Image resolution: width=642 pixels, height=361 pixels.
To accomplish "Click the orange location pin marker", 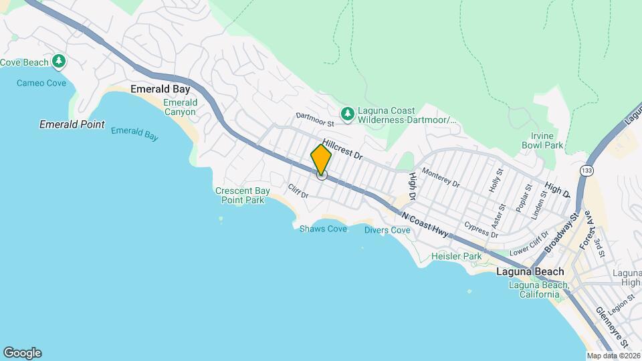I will [321, 160].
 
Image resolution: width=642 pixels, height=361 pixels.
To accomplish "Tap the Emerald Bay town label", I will [160, 89].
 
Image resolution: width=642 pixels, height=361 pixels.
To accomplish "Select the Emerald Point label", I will [72, 124].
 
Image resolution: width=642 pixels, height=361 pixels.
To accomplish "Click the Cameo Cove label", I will [41, 83].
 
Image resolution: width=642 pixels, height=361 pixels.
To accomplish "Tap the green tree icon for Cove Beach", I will [60, 62].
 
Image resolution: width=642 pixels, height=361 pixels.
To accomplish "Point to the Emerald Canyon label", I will [180, 107].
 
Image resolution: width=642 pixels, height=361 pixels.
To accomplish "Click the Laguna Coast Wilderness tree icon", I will [347, 114].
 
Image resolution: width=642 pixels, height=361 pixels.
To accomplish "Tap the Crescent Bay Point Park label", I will [242, 195].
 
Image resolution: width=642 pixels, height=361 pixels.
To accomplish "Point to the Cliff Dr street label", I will [298, 191].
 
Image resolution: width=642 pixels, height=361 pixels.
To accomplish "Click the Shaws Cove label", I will [323, 229].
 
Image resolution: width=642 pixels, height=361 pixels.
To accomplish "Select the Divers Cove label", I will [387, 230].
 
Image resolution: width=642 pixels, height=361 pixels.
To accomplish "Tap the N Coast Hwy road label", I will [425, 223].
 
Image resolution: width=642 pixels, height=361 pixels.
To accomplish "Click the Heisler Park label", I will [456, 256].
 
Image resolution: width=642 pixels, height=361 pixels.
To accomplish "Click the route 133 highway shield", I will [586, 170].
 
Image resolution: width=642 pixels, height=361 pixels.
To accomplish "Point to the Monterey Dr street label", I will [441, 178].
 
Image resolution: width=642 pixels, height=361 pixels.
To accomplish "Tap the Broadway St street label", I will [559, 237].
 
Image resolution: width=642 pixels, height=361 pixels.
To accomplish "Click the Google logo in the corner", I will [22, 353].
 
